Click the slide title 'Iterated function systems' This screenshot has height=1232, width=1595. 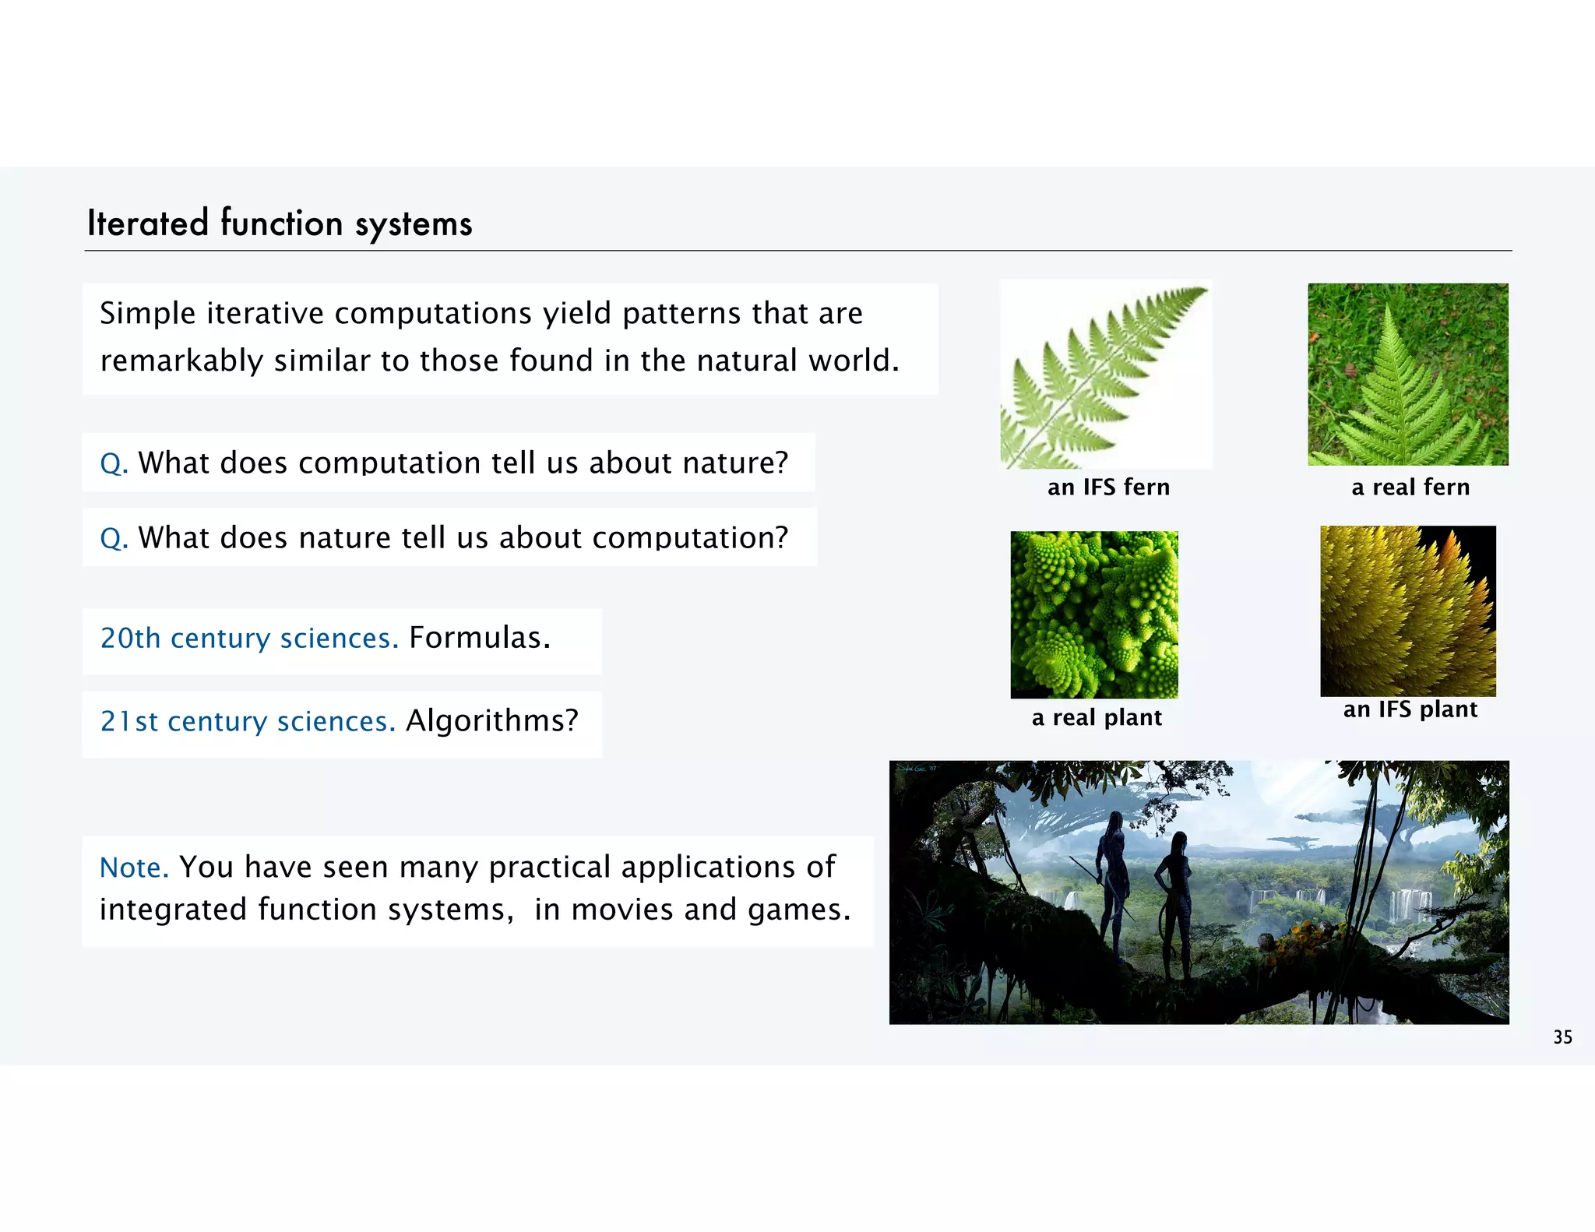pos(280,224)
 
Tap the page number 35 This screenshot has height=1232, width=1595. pos(1562,1037)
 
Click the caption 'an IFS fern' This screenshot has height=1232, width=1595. pos(1107,488)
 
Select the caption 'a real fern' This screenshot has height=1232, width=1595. pos(1410,488)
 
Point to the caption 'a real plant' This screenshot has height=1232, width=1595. pos(1096,717)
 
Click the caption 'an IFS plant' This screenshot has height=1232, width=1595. pos(1410,709)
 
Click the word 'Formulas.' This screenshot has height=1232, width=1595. pos(480,638)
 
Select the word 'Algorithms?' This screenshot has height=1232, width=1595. pos(491,721)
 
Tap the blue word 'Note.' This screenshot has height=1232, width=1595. pos(134,868)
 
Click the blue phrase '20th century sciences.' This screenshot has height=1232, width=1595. pos(249,639)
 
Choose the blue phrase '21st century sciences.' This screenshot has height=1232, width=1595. pos(248,722)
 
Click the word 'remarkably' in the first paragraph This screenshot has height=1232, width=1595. pos(181,361)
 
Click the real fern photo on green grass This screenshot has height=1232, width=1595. pos(1407,375)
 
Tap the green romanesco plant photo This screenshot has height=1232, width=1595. pos(1093,614)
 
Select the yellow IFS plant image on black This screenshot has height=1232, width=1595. pos(1407,611)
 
